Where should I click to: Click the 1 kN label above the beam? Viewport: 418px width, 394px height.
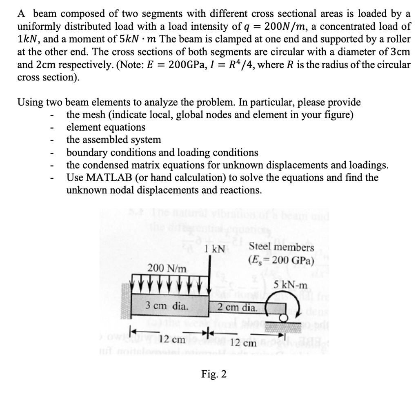coord(214,249)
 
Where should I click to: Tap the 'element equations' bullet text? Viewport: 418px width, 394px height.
coord(106,127)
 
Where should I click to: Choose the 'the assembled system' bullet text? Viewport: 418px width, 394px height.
coord(113,140)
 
